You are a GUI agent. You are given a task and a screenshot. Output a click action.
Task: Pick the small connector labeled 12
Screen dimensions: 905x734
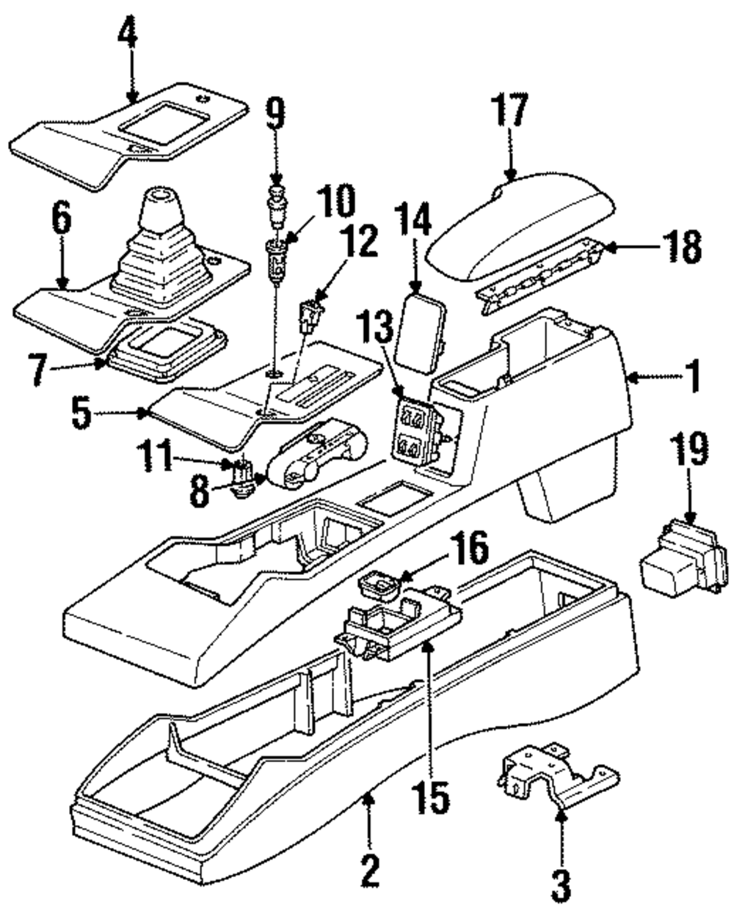tap(309, 317)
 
